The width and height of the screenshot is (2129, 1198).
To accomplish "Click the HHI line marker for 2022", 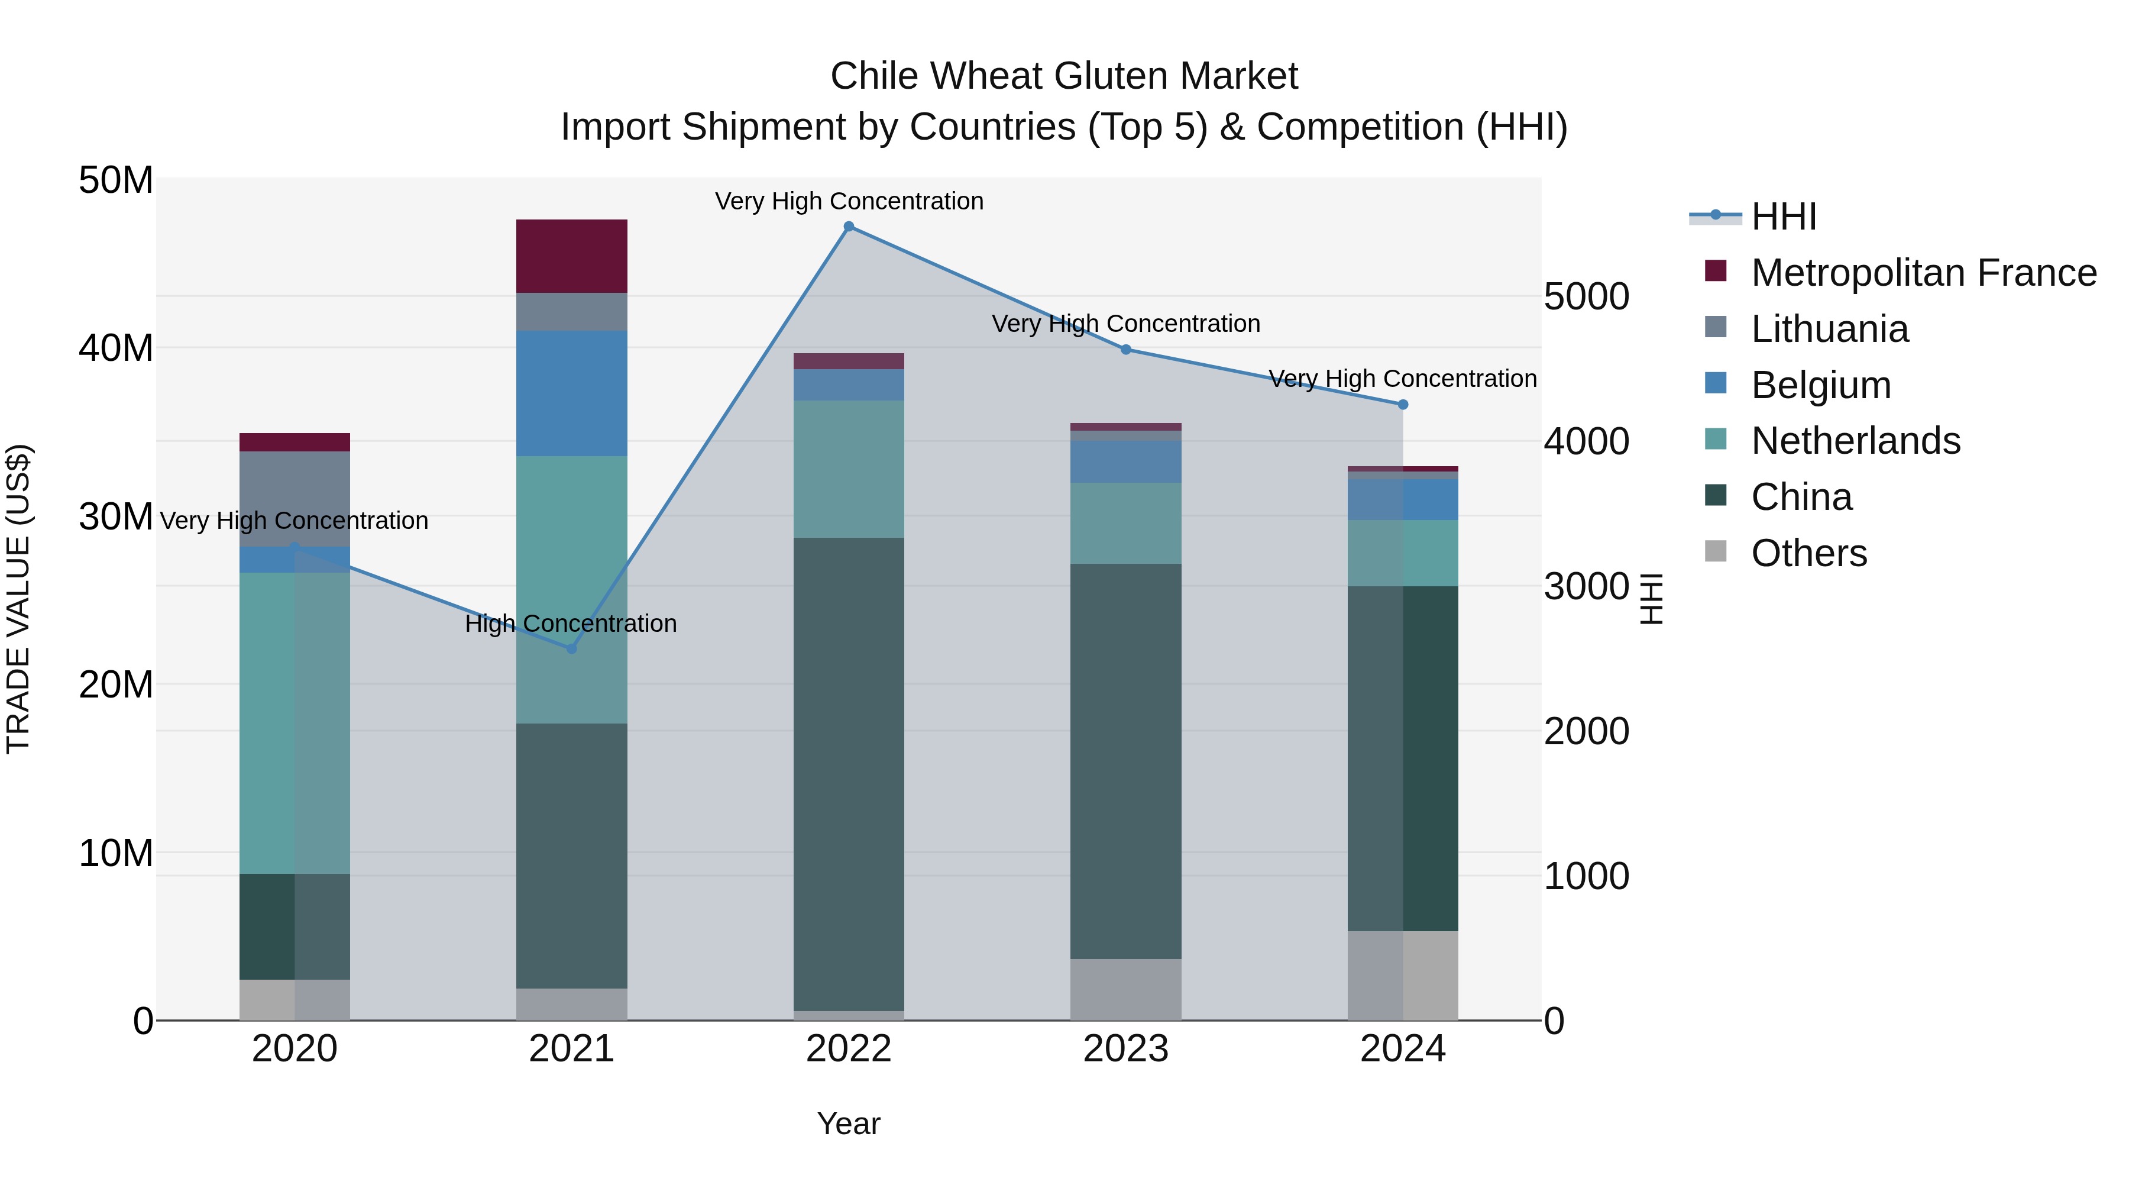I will point(848,227).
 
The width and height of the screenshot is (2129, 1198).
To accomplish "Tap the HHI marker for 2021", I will point(571,648).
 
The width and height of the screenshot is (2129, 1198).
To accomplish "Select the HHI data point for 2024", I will point(1403,404).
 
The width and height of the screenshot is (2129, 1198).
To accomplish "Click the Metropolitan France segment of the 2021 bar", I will point(571,256).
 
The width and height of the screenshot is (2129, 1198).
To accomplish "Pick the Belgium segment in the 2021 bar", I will point(571,393).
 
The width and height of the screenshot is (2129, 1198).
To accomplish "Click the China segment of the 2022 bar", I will point(848,773).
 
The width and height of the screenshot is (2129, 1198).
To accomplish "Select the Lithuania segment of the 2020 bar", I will point(295,499).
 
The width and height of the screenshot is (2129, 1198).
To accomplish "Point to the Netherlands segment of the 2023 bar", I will point(1125,524).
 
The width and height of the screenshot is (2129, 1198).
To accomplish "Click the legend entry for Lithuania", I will point(1829,329).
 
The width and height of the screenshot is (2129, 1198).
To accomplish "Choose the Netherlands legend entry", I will point(1855,441).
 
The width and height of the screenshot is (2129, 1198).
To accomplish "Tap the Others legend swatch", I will point(1715,551).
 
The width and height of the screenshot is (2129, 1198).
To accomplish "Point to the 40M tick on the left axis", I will point(116,348).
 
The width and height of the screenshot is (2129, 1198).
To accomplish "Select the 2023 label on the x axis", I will point(1125,1049).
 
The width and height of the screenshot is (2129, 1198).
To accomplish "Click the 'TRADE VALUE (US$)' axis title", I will point(18,599).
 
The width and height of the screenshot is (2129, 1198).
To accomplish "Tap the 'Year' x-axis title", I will point(848,1123).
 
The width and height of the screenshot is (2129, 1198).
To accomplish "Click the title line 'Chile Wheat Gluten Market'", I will point(1064,76).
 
